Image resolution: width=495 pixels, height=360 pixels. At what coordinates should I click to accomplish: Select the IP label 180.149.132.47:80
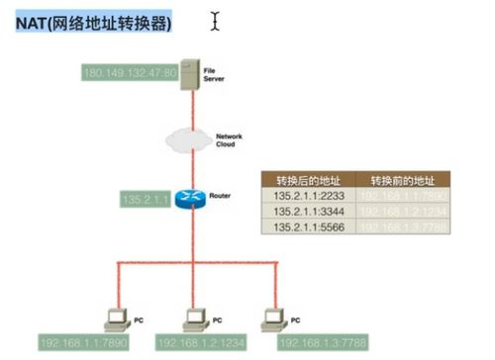tap(130, 72)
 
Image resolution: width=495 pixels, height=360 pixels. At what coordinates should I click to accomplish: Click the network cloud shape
tap(188, 137)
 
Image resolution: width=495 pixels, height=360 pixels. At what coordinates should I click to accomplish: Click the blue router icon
tap(188, 198)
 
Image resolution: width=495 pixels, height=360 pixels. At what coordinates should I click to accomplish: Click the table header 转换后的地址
tap(307, 180)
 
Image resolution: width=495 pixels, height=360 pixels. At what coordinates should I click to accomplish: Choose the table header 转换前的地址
tap(402, 180)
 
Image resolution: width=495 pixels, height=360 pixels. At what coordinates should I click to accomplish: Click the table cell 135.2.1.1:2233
tap(307, 197)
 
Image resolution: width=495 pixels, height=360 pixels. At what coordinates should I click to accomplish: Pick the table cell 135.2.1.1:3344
tap(307, 212)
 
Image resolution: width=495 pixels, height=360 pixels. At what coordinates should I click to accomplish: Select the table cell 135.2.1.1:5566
tap(307, 226)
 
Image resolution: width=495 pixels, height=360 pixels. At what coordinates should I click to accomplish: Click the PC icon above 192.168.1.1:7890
tap(118, 319)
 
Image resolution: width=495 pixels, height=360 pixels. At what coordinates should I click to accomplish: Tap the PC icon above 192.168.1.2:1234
tap(195, 319)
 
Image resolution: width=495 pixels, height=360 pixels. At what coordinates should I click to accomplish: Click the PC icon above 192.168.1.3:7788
tap(271, 319)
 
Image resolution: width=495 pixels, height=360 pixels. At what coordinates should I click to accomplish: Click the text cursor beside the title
tap(215, 20)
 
